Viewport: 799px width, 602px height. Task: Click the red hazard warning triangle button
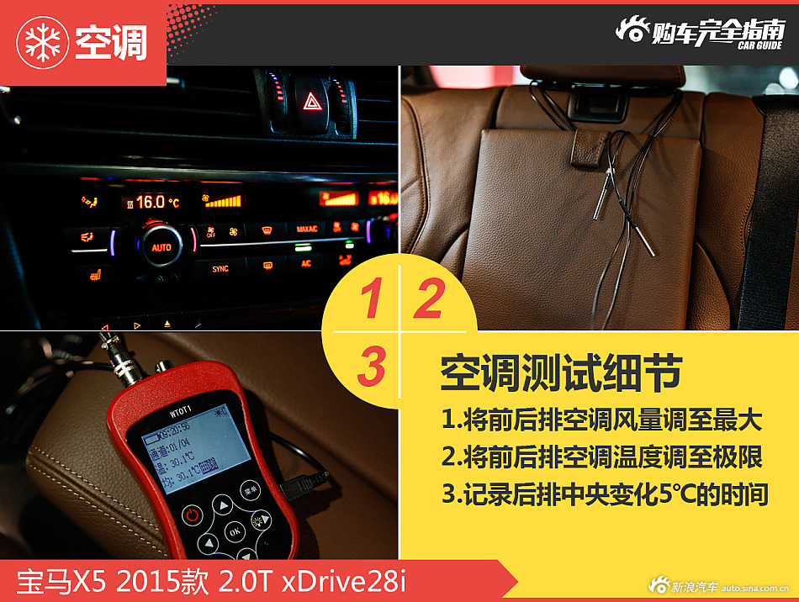click(310, 103)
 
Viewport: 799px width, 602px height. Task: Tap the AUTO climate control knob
click(161, 247)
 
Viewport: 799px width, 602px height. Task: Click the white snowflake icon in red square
click(40, 43)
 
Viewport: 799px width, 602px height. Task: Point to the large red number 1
click(371, 301)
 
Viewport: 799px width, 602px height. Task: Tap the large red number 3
click(371, 367)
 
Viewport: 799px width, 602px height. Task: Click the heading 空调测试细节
click(561, 374)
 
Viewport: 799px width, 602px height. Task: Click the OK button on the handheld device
click(235, 531)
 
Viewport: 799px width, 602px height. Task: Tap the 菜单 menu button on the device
click(249, 488)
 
